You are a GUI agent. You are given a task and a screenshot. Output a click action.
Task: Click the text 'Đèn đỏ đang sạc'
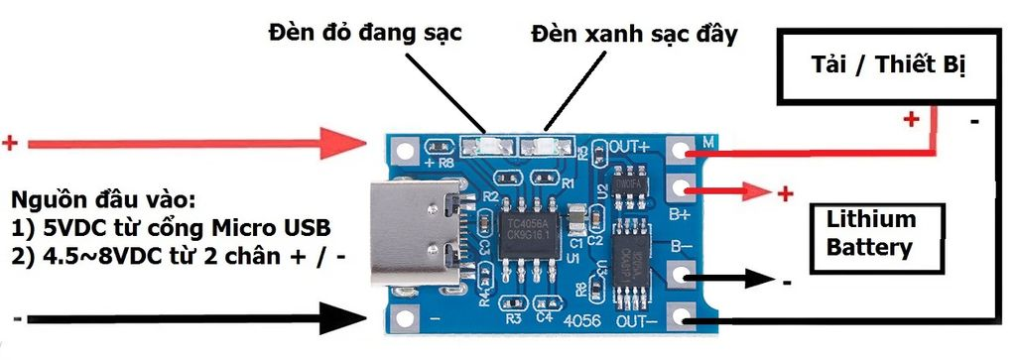coord(366,32)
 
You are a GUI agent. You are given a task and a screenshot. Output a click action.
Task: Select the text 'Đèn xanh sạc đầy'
coord(634,35)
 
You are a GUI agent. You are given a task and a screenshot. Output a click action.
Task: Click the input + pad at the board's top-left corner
coord(403,151)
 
